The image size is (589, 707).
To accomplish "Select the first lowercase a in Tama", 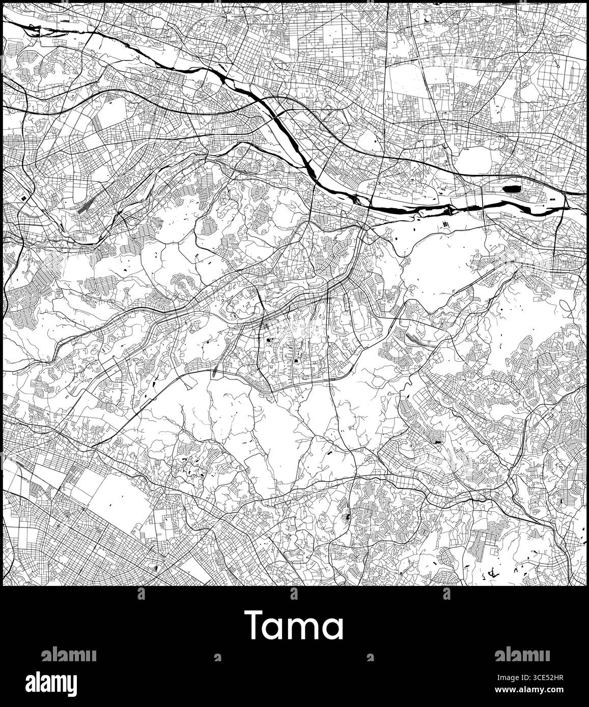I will click(x=275, y=629).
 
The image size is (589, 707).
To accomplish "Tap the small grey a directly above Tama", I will click(x=294, y=593).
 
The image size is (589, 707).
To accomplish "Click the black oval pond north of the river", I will click(x=511, y=189).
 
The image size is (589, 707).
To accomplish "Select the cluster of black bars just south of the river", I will click(x=446, y=224).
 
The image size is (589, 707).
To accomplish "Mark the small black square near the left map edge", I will click(x=23, y=197).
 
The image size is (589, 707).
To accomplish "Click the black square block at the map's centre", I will click(x=295, y=361).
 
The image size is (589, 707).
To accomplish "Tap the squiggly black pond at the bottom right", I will click(x=491, y=573).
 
